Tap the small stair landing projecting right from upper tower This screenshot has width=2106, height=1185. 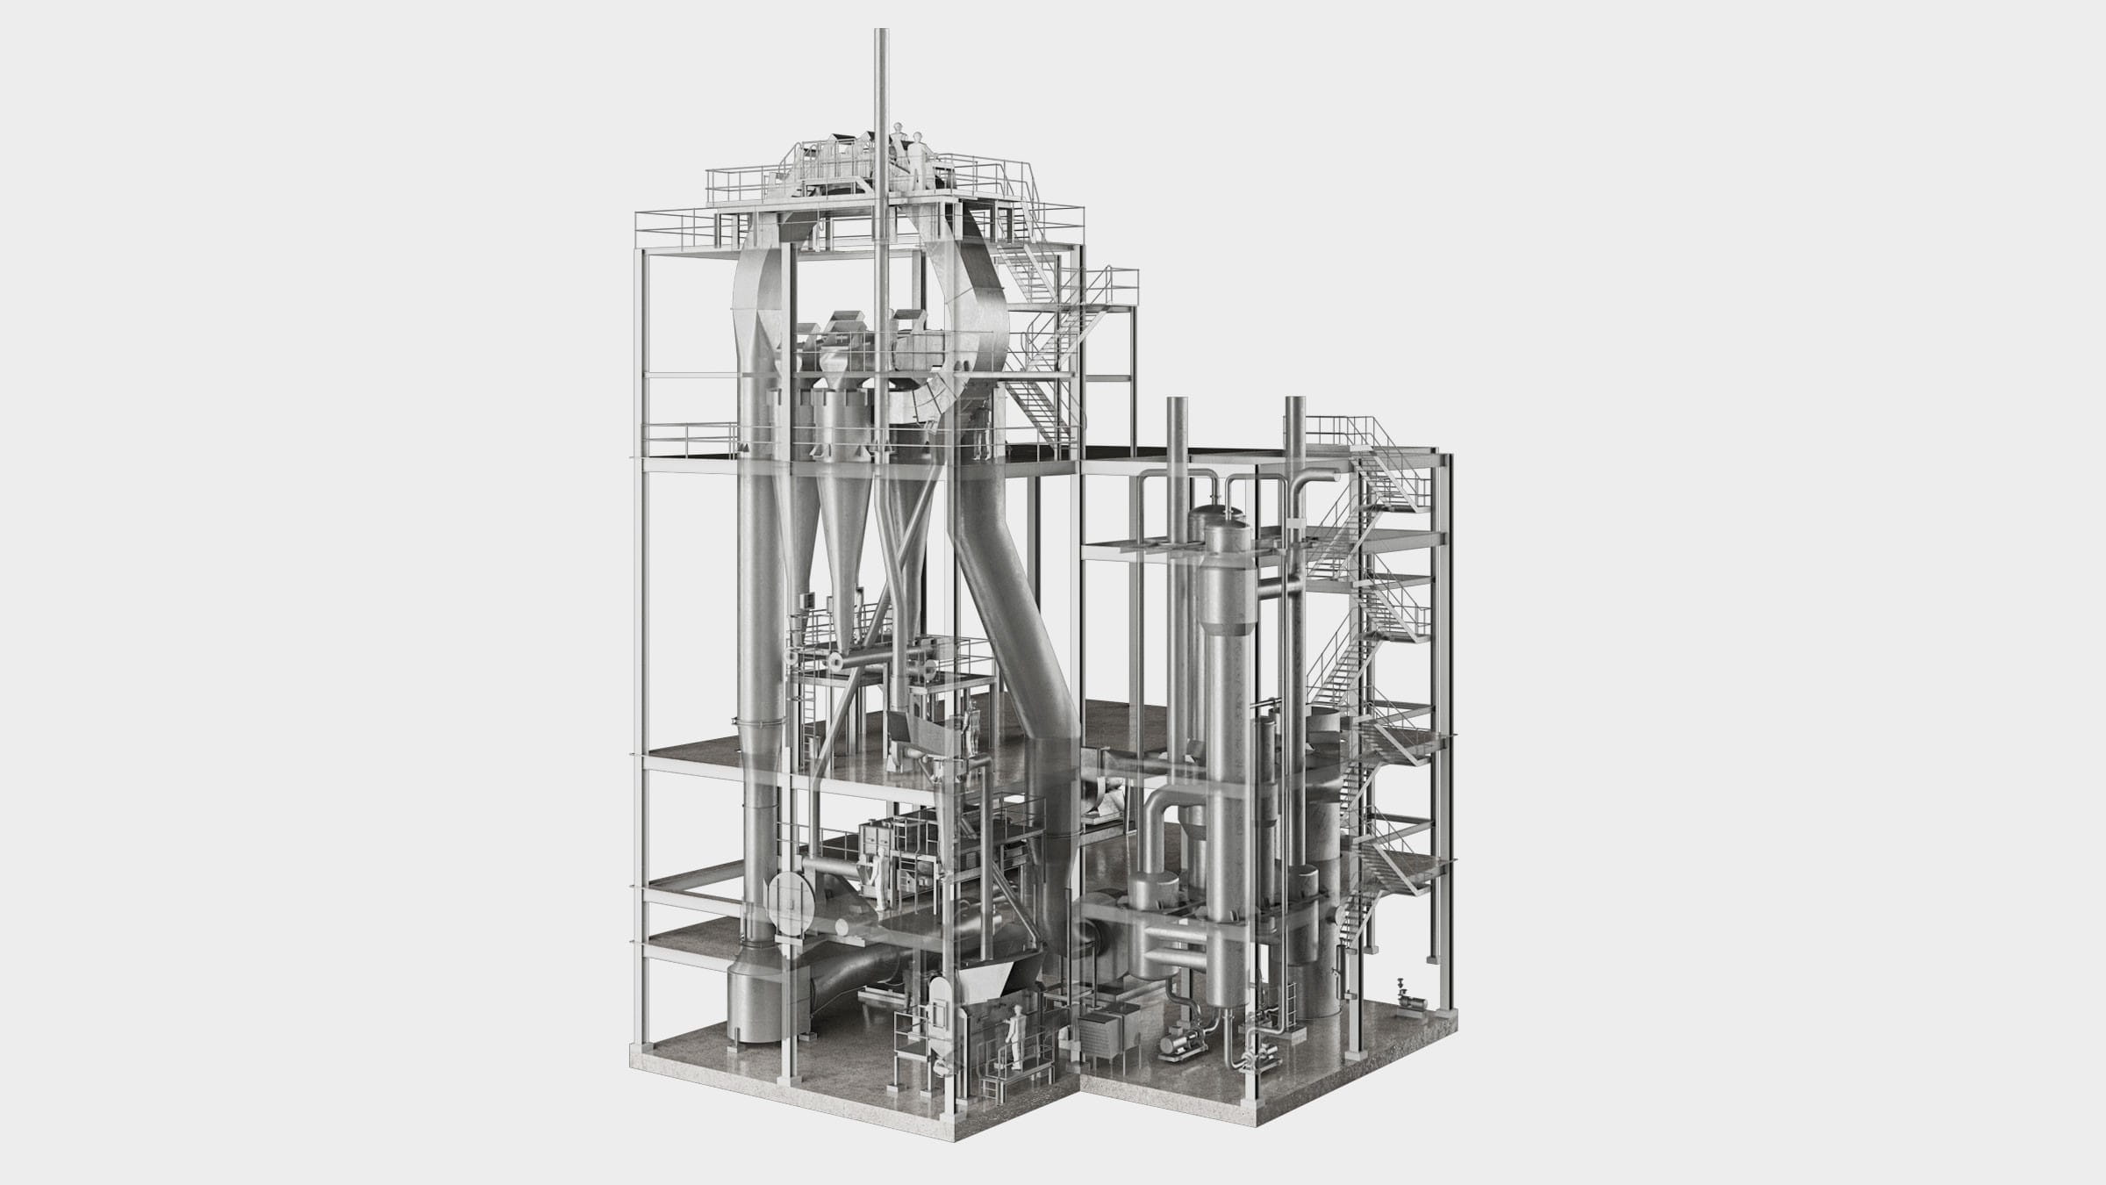pyautogui.click(x=1111, y=290)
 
